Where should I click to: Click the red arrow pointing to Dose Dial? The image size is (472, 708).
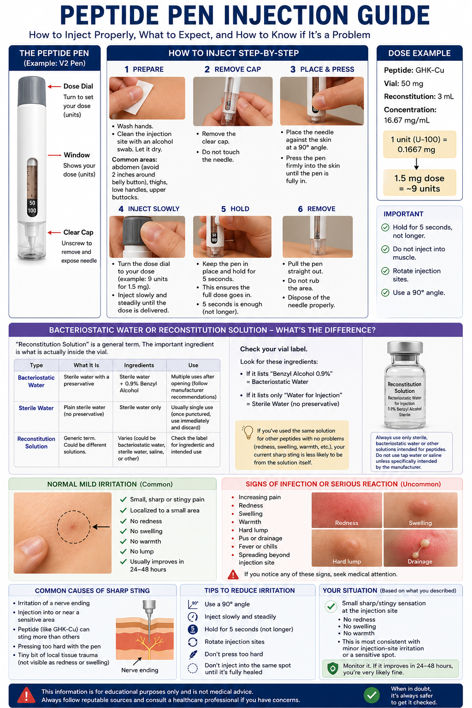coord(54,86)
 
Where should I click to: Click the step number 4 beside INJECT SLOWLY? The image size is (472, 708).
coord(121,209)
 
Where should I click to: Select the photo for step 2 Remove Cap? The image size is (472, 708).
coord(233,101)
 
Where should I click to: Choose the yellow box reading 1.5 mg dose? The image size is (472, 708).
coord(419,183)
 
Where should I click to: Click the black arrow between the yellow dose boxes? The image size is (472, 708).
coord(416,164)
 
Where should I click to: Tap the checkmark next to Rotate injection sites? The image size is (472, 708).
coord(385,271)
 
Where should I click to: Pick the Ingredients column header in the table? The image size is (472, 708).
coord(139,365)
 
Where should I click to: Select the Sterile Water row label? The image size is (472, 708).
coord(36,408)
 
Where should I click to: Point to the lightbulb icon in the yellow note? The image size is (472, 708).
coord(248,432)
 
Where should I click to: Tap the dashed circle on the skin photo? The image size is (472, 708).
coord(74,527)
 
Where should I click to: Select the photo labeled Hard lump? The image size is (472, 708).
coord(347,548)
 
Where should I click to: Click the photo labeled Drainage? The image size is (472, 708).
coord(420,548)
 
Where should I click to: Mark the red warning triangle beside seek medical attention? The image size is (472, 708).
coord(233,574)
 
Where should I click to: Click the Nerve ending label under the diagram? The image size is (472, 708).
coord(140,670)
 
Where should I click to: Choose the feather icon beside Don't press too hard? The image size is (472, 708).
coord(193,654)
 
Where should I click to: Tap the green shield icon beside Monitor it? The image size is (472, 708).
coord(333,669)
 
